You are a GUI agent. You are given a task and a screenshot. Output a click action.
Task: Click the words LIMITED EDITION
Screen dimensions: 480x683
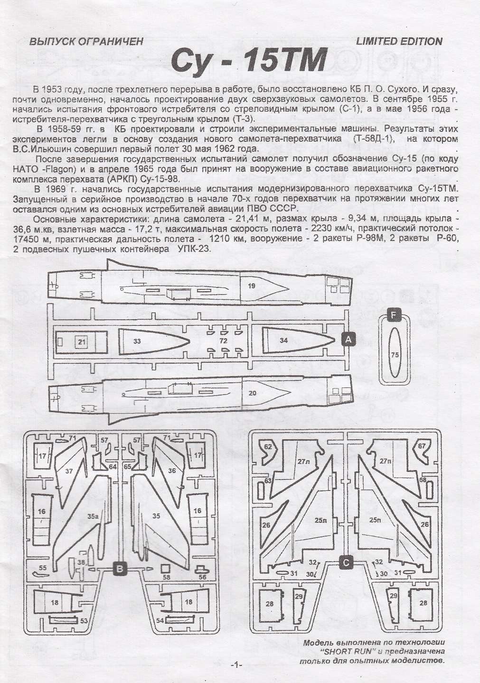click(x=399, y=41)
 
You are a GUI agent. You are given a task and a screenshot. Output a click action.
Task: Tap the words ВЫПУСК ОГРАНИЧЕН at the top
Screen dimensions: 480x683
click(x=86, y=42)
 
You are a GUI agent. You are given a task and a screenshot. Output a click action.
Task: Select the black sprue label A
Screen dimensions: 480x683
click(x=349, y=340)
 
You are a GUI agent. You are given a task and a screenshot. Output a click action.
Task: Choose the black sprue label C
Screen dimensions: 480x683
click(x=346, y=563)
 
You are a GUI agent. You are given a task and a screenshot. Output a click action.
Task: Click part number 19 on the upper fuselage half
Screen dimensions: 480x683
click(x=251, y=286)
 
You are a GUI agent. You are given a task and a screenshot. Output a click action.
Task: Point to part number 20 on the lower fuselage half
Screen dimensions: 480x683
click(x=252, y=393)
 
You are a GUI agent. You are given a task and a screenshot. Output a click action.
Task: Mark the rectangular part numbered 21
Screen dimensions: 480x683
click(x=82, y=341)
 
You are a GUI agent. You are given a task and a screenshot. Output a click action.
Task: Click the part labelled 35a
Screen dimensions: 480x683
click(x=92, y=516)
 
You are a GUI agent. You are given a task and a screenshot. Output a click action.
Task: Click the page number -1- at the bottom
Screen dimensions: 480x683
click(x=236, y=665)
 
